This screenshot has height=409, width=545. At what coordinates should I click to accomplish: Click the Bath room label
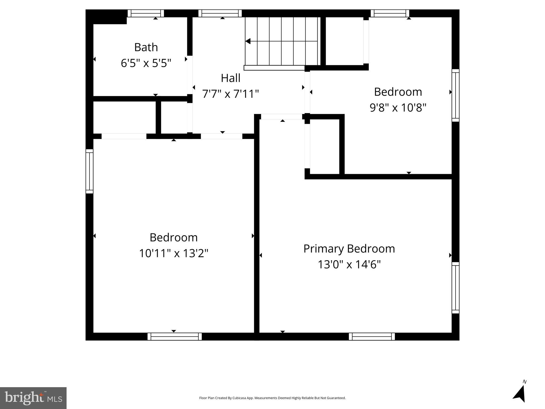pos(146,47)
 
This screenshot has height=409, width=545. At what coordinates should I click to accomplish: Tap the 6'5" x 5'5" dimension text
pos(146,63)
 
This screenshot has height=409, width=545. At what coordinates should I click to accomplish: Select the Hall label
pos(231,78)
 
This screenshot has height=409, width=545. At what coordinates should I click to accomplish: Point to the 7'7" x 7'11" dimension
pos(231,94)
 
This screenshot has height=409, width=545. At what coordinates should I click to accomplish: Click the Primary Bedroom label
pos(349,249)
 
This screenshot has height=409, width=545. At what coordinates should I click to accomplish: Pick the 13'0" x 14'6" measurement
pos(349,265)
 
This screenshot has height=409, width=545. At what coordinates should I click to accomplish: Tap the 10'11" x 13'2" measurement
pos(174,253)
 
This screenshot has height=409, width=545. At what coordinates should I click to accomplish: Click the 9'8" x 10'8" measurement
pos(398,108)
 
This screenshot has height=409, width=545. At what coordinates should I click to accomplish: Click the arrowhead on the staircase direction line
pos(248,41)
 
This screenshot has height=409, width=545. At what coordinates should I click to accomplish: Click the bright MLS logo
pos(33,398)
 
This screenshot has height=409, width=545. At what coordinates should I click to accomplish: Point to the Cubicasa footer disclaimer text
pos(272,398)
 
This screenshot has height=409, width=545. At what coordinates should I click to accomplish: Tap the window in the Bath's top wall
pos(146,13)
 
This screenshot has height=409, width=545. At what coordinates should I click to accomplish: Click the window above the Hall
pos(220,13)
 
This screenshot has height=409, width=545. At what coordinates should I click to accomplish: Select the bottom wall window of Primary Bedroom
pos(372,337)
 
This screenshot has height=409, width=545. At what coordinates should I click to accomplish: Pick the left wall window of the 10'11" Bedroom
pos(89,171)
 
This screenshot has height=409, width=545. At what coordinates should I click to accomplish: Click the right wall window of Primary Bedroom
pos(456,288)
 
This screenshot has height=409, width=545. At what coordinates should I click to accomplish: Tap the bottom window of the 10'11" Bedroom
pos(175,337)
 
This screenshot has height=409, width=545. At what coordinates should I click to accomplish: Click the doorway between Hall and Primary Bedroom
pos(281,117)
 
